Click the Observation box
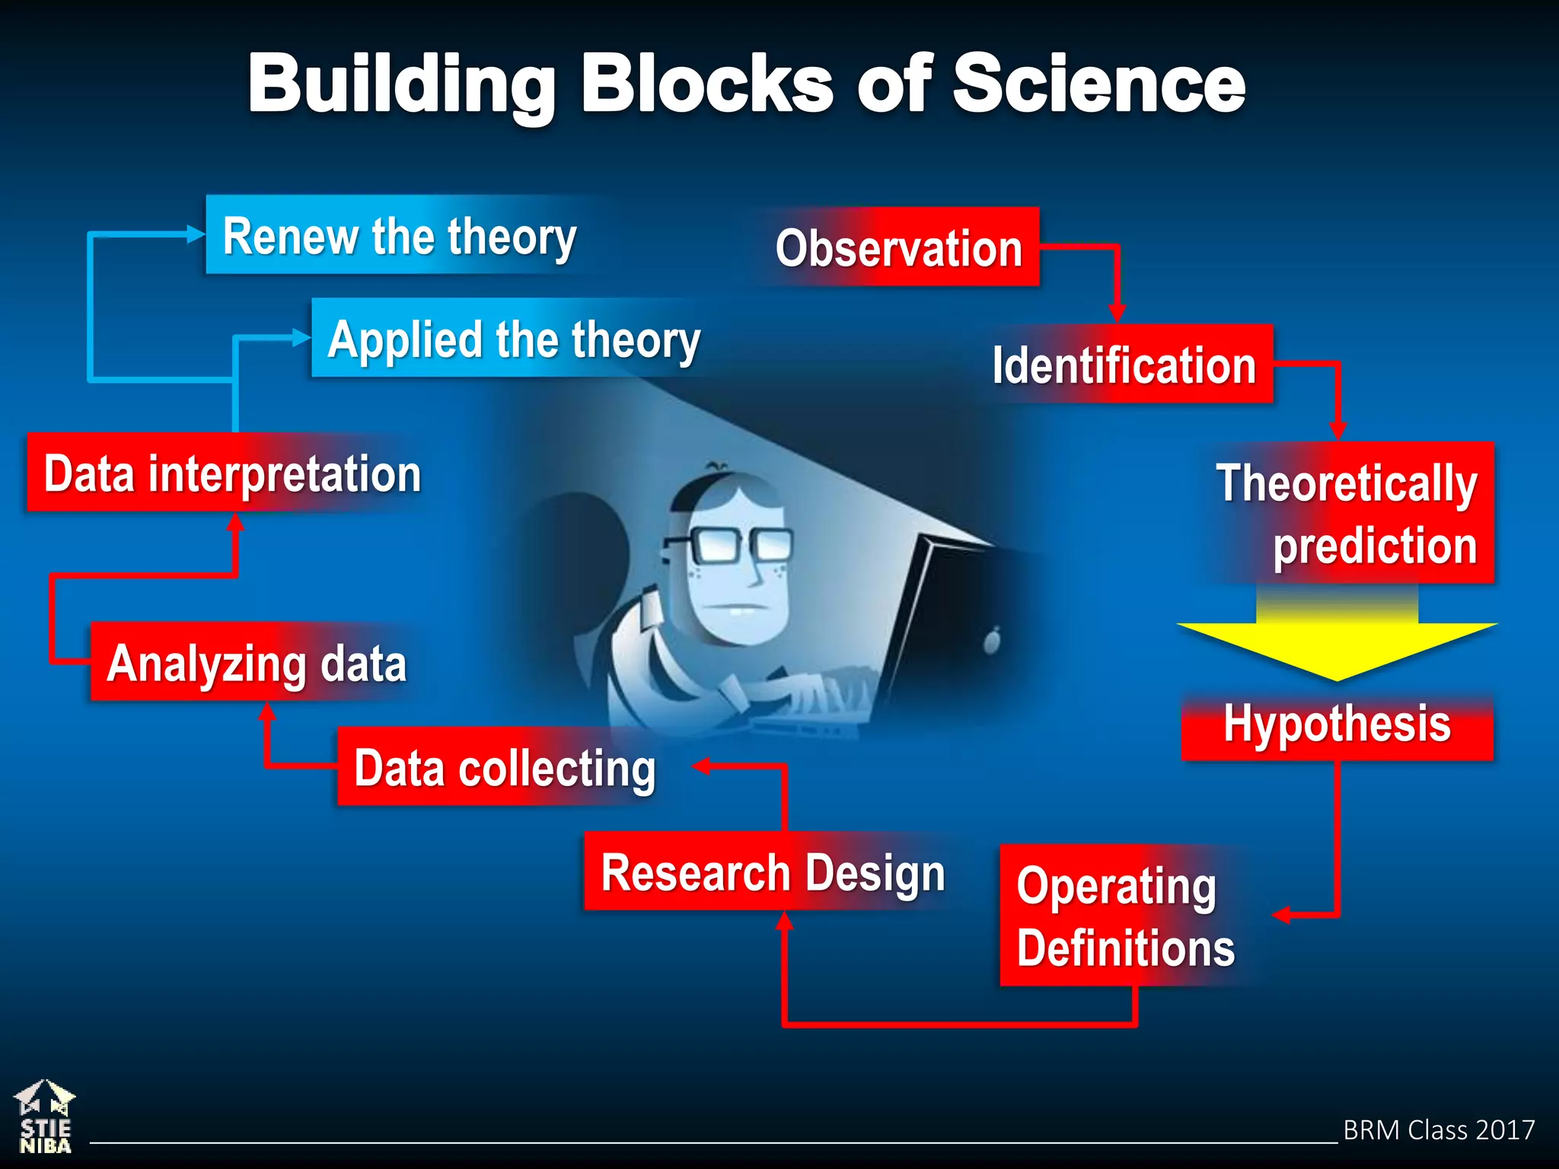pyautogui.click(x=898, y=247)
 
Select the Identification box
pyautogui.click(x=1125, y=365)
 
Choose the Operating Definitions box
pyautogui.click(x=1125, y=916)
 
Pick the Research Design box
pyautogui.click(x=772, y=872)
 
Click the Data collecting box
pyautogui.click(x=504, y=767)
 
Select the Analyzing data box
pyautogui.click(x=257, y=662)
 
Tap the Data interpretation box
pyautogui.click(x=231, y=473)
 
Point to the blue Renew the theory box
pyautogui.click(x=400, y=235)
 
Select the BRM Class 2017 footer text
pyautogui.click(x=1438, y=1129)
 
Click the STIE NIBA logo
pyautogui.click(x=45, y=1117)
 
